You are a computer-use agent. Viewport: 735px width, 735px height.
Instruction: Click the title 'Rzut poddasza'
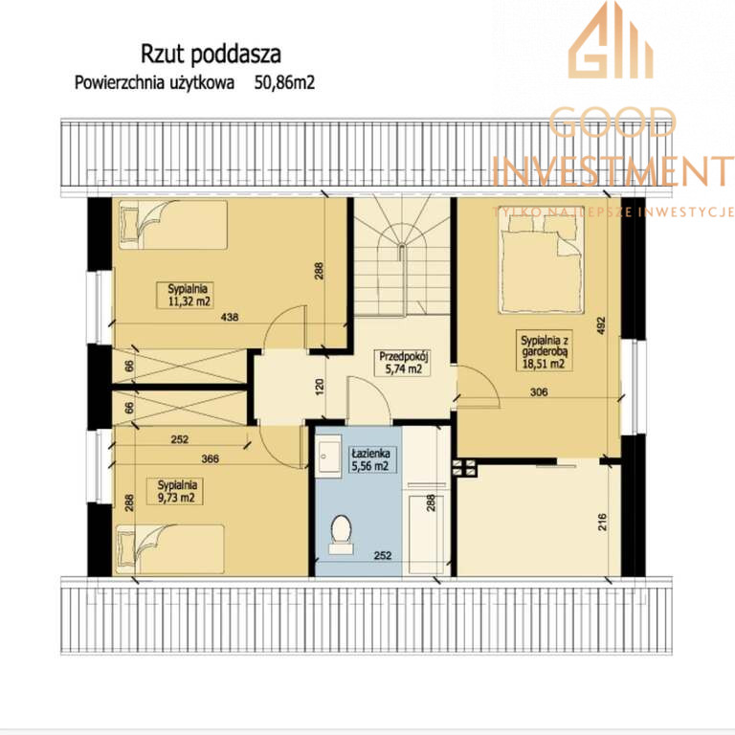(211, 55)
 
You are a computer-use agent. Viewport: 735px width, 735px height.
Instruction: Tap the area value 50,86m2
(284, 83)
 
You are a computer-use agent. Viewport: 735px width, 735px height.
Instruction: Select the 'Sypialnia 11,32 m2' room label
(185, 296)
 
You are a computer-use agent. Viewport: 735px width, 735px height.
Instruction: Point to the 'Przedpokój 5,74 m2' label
(404, 363)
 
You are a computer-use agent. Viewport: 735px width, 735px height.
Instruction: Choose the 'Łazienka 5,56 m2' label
(370, 459)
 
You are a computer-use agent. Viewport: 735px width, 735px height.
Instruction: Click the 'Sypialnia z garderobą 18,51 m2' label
(544, 351)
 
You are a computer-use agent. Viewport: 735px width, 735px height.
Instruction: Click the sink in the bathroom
(328, 456)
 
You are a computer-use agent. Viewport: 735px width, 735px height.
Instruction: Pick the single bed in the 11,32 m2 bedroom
(172, 225)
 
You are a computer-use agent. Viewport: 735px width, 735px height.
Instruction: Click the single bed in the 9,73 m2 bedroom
(170, 549)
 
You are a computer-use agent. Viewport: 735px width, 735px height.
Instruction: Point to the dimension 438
(230, 318)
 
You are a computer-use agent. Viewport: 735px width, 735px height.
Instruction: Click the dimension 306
(539, 391)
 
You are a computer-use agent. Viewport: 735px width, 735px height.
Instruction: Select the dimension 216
(602, 522)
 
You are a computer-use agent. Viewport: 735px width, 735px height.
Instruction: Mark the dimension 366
(210, 459)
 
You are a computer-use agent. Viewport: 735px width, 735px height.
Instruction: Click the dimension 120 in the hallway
(320, 387)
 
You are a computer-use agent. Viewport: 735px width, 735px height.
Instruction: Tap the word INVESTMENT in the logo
(613, 170)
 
